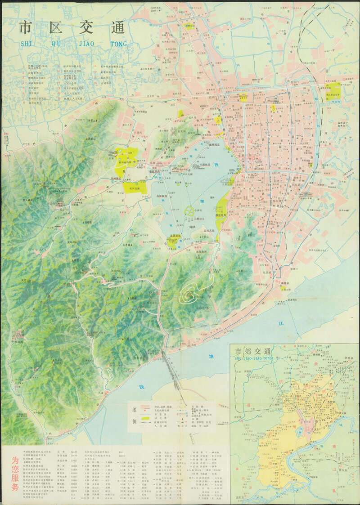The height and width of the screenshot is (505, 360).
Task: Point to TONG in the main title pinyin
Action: pos(117,44)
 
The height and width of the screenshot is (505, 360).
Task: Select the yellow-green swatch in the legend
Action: pos(145,418)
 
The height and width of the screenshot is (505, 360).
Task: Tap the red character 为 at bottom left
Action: pos(15,459)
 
